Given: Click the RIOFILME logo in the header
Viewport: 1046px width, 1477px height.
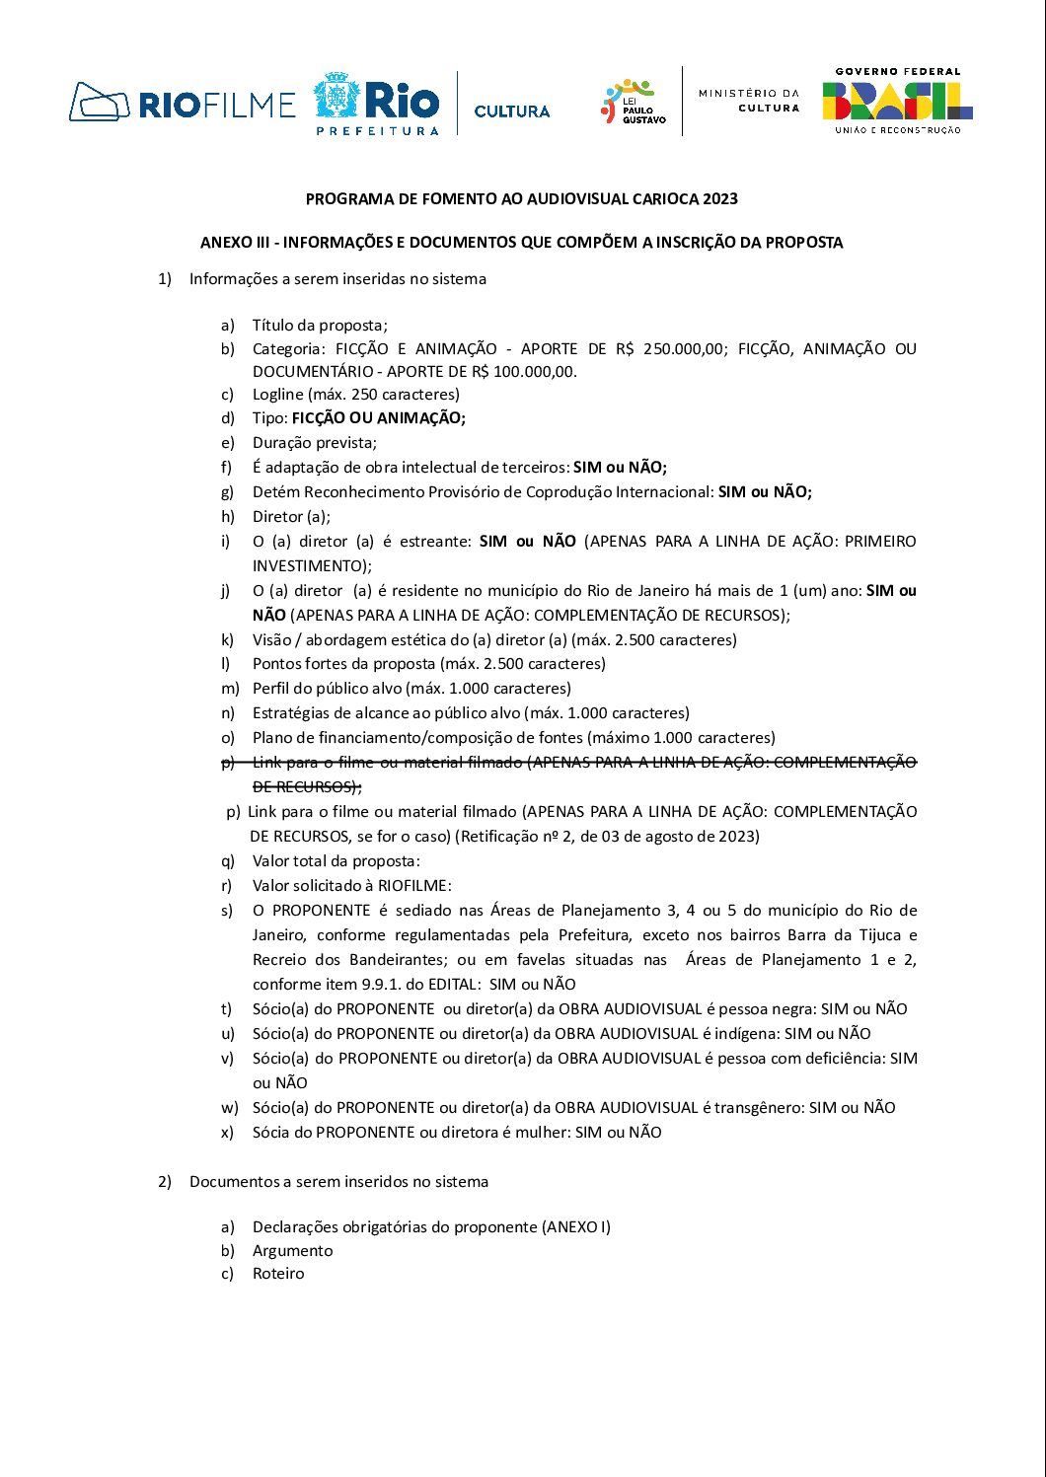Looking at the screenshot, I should coord(182,103).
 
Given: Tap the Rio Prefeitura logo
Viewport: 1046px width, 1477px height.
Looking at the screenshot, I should coord(376,104).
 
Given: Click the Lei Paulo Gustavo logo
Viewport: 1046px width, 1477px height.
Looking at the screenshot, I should coord(634,103).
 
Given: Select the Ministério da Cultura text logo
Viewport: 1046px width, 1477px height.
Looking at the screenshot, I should coord(749,100).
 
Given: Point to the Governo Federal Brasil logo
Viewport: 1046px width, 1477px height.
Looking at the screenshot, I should coord(897,101).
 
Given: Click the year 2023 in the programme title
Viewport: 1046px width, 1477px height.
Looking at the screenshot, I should coord(720,198).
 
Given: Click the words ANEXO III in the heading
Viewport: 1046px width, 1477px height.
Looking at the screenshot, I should coord(236,243).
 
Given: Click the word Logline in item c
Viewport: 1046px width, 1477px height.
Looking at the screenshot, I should coord(277,395).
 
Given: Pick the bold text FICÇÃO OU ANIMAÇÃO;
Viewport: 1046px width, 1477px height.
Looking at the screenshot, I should coord(378,418).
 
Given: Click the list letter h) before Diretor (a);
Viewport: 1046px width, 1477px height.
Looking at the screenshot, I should coord(228,517).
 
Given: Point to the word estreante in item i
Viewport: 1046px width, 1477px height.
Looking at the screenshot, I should coord(433,542).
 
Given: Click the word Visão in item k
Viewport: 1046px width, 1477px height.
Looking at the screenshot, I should coord(272,640).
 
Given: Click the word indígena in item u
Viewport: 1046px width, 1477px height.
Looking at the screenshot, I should coord(740,1034).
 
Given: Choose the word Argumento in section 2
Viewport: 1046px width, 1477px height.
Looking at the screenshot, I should coord(292,1251).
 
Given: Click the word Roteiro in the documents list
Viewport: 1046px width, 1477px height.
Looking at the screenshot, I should coord(278,1274).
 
